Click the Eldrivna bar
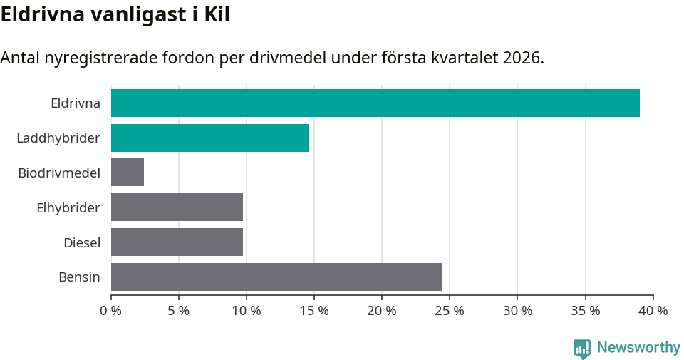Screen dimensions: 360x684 375,103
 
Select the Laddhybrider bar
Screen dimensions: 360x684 210,138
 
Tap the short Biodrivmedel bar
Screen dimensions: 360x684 128,173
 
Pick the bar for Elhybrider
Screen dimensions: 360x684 177,207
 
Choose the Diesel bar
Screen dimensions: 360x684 177,242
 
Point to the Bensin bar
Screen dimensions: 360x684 276,277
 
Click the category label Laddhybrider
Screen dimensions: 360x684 58,138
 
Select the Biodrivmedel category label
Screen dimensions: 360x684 59,173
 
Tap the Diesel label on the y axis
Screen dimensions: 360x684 82,243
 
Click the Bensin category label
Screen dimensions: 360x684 79,277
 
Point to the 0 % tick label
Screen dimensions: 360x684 111,311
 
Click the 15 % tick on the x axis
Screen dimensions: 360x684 314,311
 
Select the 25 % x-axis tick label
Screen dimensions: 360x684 450,311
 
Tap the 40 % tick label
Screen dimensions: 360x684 653,311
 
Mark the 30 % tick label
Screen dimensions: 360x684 517,311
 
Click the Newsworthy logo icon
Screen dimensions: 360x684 582,348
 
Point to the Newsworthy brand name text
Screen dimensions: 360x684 638,348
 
